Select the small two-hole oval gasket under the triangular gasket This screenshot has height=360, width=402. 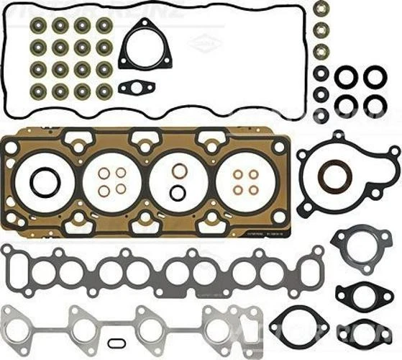click(x=137, y=88)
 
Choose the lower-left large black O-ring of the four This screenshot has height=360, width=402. click(x=346, y=105)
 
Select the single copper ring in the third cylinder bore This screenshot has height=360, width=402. click(x=180, y=171)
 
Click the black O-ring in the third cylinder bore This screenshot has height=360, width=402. click(x=178, y=192)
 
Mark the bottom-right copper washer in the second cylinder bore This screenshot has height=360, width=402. click(x=121, y=189)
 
